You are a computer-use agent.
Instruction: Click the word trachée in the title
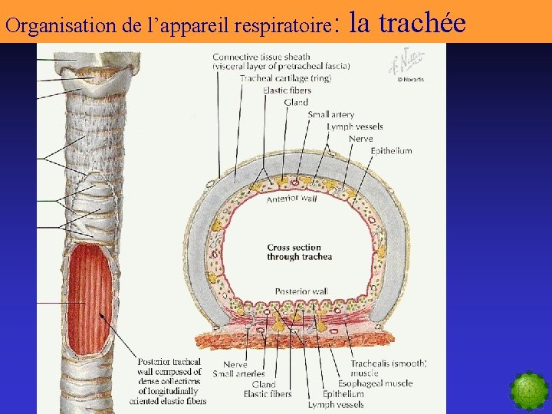click(x=422, y=23)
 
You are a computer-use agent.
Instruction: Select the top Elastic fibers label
click(x=286, y=90)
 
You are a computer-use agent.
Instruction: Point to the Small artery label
click(x=330, y=115)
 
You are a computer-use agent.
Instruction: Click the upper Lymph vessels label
click(x=354, y=127)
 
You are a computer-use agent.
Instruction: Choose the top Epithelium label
click(x=391, y=151)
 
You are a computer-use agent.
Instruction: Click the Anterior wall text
click(x=291, y=199)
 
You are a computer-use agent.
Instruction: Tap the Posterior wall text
click(x=301, y=292)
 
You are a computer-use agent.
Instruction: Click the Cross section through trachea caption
click(x=299, y=252)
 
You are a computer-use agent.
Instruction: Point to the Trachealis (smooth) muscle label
click(x=388, y=368)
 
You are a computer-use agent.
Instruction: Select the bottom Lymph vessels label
click(x=336, y=404)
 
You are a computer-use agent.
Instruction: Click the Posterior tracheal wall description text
click(x=169, y=381)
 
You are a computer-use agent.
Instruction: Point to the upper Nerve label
click(x=360, y=139)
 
